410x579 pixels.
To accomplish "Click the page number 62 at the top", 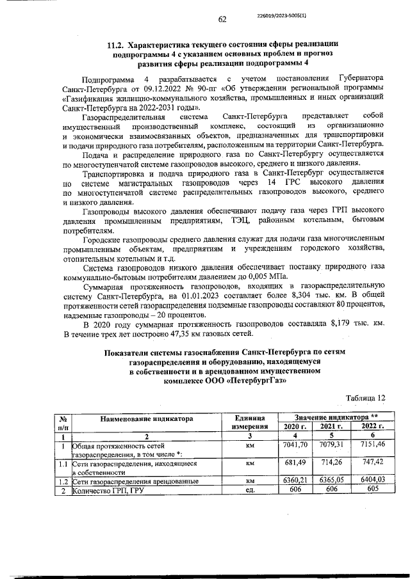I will tap(223, 19).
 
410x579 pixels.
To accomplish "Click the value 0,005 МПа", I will tap(221, 278).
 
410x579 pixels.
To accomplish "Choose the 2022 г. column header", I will tap(372, 427).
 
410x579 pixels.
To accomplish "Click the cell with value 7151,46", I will tap(372, 444).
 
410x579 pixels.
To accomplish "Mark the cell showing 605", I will tap(372, 489).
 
